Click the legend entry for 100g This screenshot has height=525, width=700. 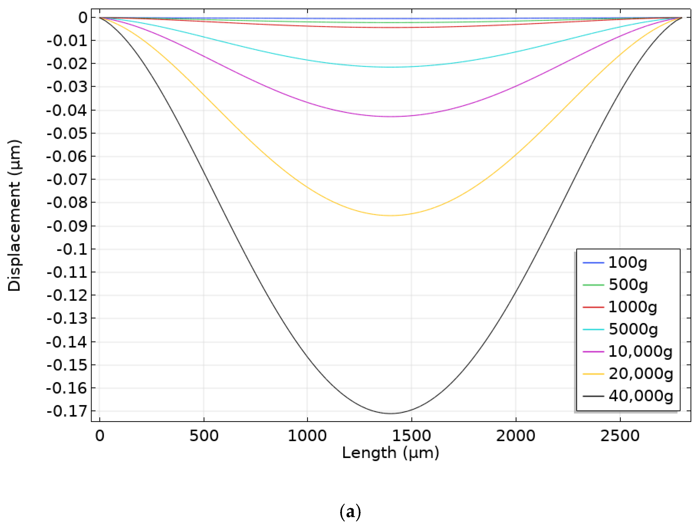pos(628,262)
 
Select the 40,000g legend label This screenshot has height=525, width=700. pos(640,396)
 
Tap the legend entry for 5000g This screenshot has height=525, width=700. pos(633,329)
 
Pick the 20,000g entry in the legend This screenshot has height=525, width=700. pos(640,374)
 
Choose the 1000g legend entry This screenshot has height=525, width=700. pos(632,307)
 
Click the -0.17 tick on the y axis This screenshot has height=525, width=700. pos(67,411)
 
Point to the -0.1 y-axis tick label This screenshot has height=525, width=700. pos(72,249)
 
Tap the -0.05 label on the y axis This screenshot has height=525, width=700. pos(67,133)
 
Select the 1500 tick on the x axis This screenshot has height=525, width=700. pos(412,436)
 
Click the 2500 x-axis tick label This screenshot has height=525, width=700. pos(620,436)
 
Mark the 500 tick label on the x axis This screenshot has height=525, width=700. pos(204,436)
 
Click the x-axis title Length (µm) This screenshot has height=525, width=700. pos(391,453)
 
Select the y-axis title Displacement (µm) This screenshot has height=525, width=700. pos(14,215)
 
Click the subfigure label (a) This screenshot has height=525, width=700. pos(350,511)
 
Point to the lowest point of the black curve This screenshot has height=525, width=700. pos(391,413)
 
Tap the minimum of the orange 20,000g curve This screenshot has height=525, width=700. pos(391,215)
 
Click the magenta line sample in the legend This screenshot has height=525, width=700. pos(593,352)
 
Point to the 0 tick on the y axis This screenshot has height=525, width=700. pos(83,18)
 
